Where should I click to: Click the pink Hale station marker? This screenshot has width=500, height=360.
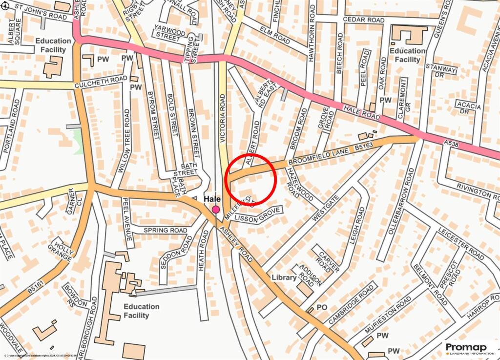(216, 210)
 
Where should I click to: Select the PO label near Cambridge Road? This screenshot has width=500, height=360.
(321, 307)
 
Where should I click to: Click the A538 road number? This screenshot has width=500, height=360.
(453, 142)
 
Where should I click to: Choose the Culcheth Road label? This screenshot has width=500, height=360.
(100, 83)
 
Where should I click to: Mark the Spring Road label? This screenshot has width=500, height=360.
(165, 230)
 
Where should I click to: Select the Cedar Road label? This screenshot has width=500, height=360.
(364, 20)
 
